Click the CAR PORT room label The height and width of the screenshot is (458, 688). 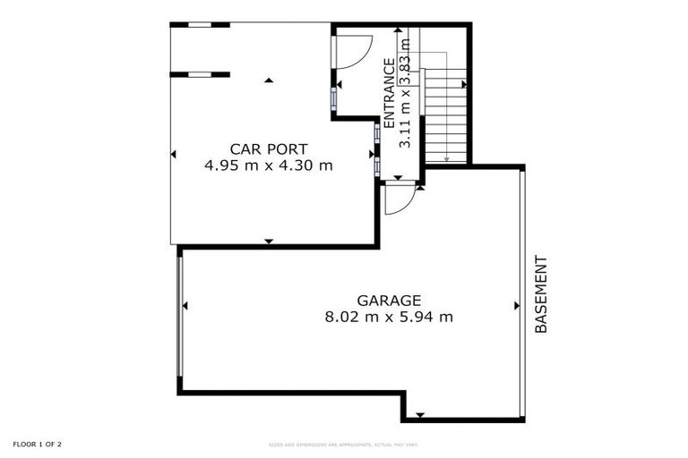269,149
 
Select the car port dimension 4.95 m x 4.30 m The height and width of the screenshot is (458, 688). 269,165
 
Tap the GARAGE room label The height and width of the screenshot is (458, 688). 389,301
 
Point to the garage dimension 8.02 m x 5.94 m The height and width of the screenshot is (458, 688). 389,317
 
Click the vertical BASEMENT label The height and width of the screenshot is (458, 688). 541,295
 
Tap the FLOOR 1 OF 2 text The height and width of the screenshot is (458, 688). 38,444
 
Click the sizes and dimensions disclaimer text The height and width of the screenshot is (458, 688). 344,445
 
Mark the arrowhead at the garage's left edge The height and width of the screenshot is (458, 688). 185,306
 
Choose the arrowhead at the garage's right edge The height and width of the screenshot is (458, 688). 517,306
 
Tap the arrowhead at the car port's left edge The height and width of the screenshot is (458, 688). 174,155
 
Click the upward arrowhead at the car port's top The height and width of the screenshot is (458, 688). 268,81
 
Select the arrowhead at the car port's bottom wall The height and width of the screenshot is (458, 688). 268,241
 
